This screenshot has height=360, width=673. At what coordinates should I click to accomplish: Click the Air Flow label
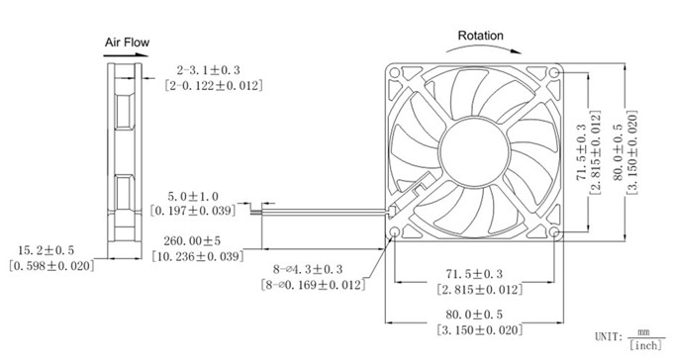click(127, 43)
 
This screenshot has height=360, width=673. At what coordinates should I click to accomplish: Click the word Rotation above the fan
click(480, 36)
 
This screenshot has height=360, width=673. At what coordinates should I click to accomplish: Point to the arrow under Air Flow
click(126, 55)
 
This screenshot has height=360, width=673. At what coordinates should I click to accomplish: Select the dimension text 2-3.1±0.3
click(208, 70)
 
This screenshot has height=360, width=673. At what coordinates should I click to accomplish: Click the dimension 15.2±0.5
click(46, 250)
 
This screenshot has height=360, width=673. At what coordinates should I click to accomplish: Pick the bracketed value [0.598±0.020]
click(51, 266)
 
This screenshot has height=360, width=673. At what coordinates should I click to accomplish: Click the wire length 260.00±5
click(192, 240)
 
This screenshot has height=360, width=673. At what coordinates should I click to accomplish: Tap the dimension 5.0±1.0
click(193, 197)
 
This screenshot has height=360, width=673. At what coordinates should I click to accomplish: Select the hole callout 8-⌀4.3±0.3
click(308, 269)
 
